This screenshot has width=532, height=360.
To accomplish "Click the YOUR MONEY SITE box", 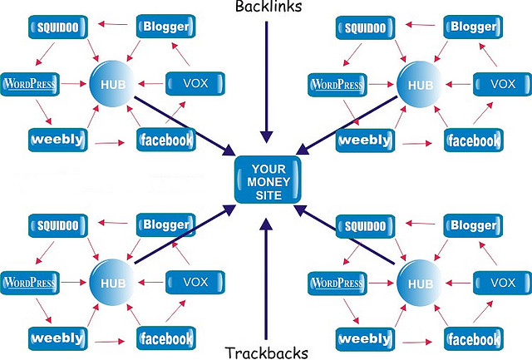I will click(x=267, y=180).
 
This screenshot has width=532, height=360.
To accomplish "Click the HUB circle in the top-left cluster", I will click(x=111, y=83).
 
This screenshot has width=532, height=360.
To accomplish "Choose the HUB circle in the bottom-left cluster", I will click(x=111, y=282).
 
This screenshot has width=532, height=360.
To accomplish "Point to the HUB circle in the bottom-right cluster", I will click(x=418, y=283).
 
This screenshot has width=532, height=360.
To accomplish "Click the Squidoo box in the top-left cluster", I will click(x=58, y=27).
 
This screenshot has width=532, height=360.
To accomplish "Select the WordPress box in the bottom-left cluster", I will click(x=32, y=283).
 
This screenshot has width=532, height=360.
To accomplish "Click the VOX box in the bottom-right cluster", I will click(x=502, y=283).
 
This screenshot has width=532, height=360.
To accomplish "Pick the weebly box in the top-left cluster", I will click(x=57, y=139).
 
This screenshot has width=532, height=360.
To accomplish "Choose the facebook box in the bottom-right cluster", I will click(x=473, y=339).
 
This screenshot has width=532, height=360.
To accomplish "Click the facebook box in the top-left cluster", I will click(x=165, y=140).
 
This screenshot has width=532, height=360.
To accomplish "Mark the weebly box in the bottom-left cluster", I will click(x=57, y=338).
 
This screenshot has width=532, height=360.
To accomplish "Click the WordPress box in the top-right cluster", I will click(x=339, y=83).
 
